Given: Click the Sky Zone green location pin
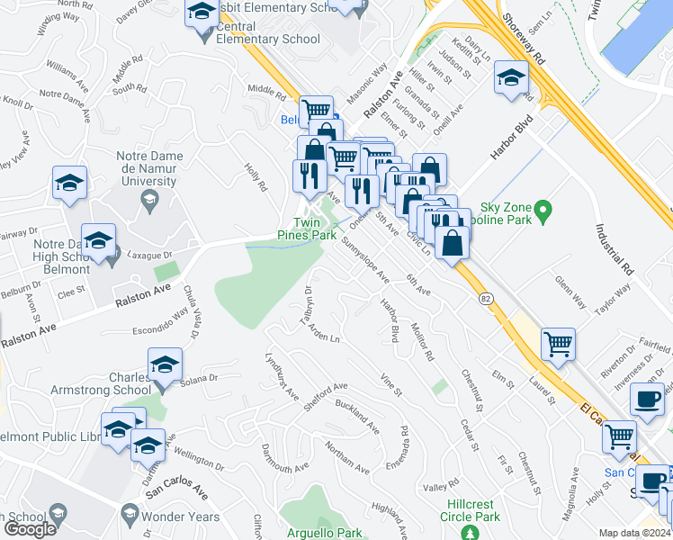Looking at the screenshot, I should click(x=543, y=212).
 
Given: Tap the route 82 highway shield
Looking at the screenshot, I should click(x=486, y=299).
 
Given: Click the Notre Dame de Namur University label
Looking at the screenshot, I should click(x=149, y=168).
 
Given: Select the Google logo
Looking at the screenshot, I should click(x=30, y=529).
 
